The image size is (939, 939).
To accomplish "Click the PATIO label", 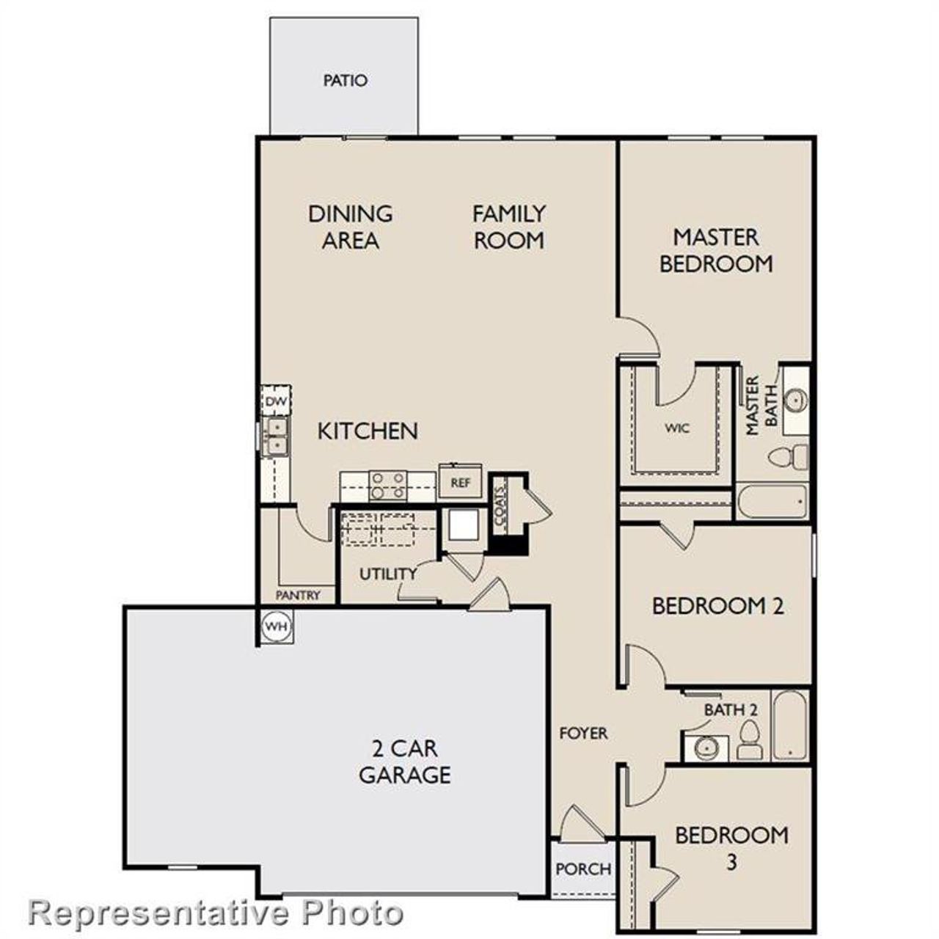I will coord(345,80).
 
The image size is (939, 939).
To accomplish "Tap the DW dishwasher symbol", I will coord(276,401).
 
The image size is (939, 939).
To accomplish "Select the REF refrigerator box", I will coord(460,483).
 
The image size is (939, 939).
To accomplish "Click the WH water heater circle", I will coord(276,626).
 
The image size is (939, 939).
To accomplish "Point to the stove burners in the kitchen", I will coord(388,485).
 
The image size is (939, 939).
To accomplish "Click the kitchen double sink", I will coord(277,436).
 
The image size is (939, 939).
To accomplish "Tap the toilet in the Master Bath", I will coord(788,457).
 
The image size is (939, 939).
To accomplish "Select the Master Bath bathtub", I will coord(772,502).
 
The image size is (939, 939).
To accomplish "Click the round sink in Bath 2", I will coord(706,748).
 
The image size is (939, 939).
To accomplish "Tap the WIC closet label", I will coord(677,428).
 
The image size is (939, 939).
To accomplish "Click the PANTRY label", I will coord(298,595).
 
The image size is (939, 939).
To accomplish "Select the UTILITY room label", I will coord(388,574).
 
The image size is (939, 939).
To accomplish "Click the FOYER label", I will coord(583,733).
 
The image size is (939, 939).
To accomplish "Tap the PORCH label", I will coord(583,869).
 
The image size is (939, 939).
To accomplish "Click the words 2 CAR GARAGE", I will coord(404,761).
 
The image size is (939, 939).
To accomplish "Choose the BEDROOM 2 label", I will coord(717,606).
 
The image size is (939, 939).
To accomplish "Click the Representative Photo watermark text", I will coord(216,913).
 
